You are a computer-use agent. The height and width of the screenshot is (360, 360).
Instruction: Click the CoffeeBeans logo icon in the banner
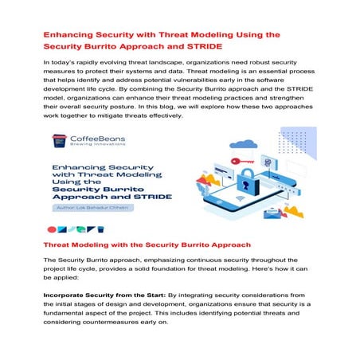coord(58,141)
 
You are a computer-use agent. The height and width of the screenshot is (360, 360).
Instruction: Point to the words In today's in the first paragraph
coord(59,61)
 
